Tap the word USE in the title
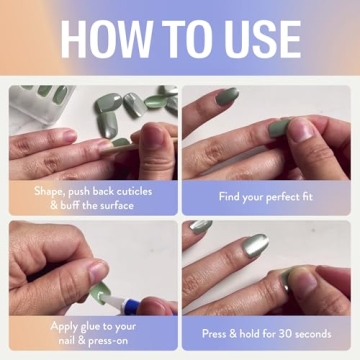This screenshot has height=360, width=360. pos(255,39)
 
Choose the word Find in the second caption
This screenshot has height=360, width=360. pos(230,196)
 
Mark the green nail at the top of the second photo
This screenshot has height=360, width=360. pos(227,96)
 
